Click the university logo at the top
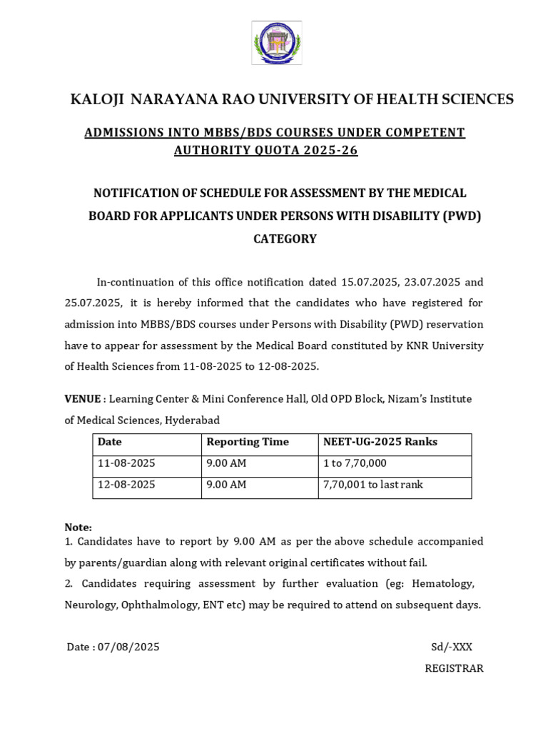(275, 43)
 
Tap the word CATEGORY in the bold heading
(285, 238)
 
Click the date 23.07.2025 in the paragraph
(436, 282)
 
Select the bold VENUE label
(82, 398)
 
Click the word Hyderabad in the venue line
(192, 420)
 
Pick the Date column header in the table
(110, 442)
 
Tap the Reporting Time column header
(248, 442)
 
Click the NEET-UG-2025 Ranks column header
(380, 442)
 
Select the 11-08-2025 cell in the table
(126, 463)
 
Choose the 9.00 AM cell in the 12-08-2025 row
(226, 485)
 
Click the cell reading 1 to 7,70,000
(355, 463)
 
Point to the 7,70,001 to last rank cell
(372, 485)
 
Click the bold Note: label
(78, 527)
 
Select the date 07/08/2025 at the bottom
(128, 647)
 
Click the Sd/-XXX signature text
(451, 647)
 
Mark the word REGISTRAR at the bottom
(454, 668)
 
